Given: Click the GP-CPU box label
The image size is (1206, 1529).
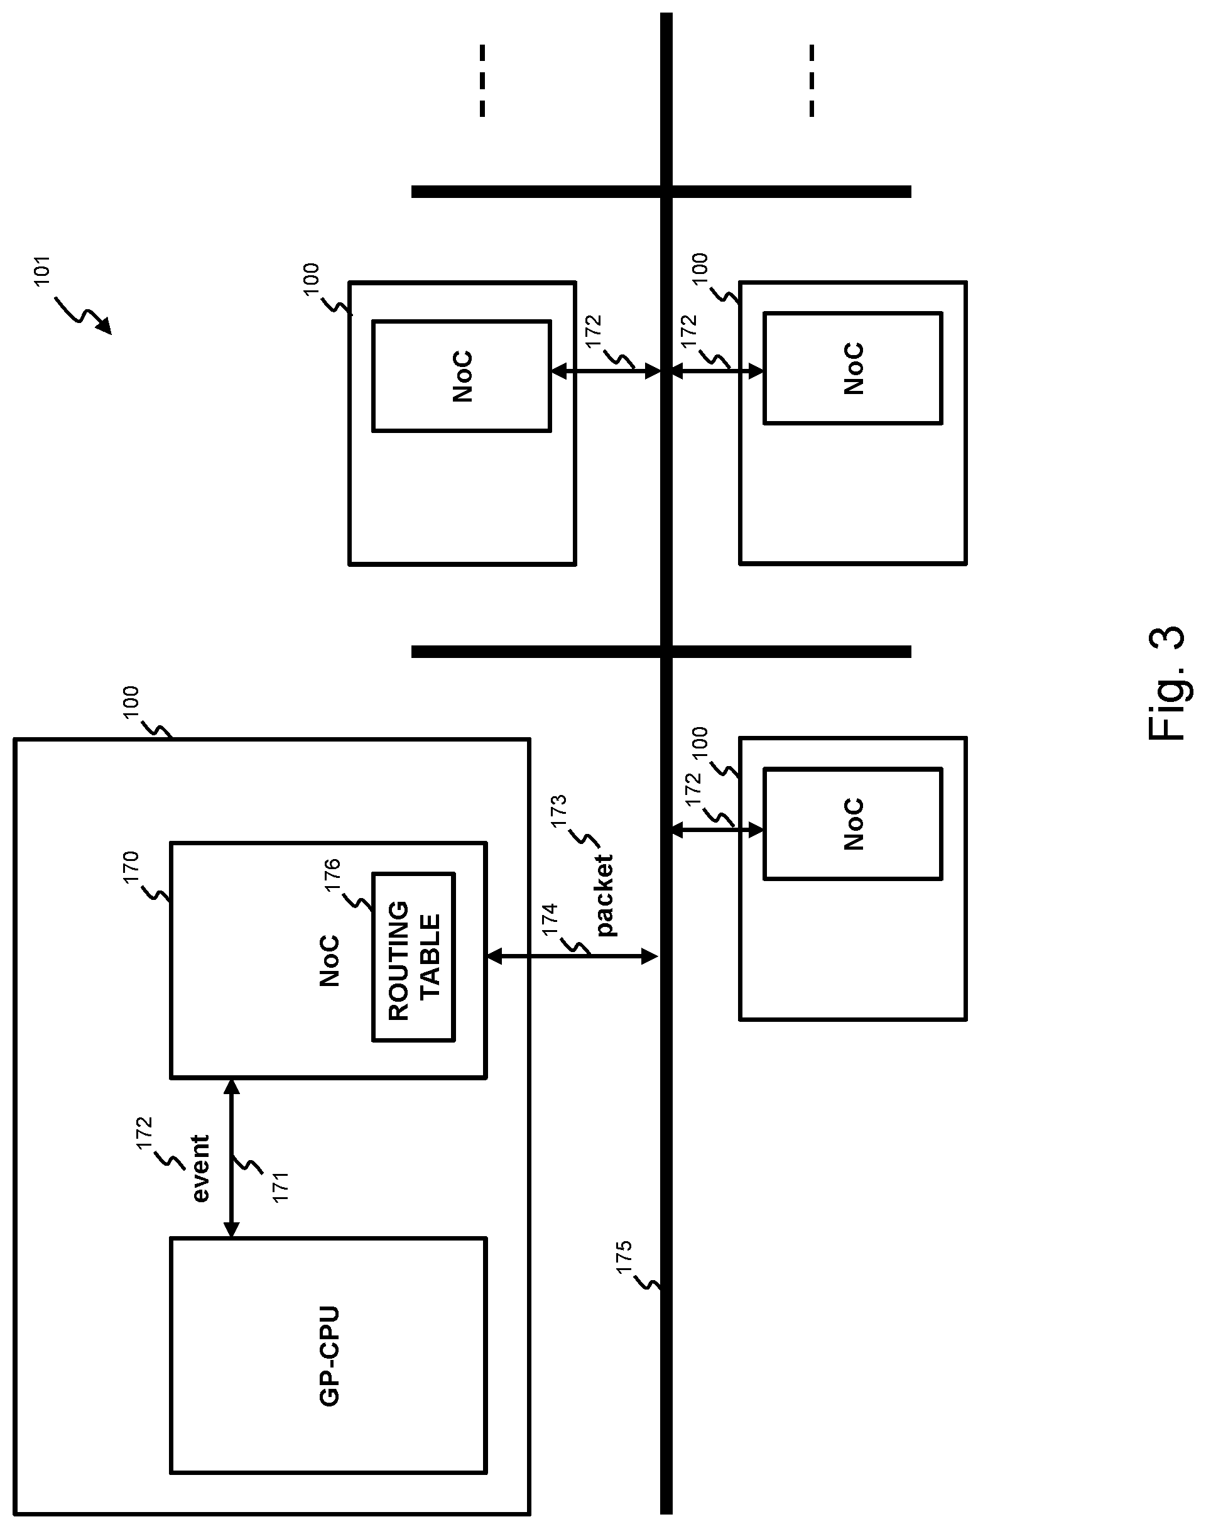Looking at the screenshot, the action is [x=329, y=1356].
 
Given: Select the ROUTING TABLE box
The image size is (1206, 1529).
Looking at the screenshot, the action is [x=414, y=957].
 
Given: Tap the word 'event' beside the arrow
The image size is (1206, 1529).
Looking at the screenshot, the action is [x=201, y=1168].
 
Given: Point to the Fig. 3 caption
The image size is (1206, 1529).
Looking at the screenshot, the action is [x=1166, y=683].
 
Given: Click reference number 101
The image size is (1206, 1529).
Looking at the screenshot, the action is [x=42, y=271].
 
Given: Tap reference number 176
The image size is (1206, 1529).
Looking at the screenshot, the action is [x=332, y=875].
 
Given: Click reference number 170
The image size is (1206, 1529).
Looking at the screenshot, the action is [x=131, y=867].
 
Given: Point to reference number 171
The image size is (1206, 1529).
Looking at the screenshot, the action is [x=280, y=1187].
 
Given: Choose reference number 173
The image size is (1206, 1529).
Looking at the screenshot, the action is [x=558, y=811].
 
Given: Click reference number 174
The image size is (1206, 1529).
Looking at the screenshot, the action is [x=550, y=919].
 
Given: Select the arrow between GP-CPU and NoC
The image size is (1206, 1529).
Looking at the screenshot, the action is [x=232, y=1159].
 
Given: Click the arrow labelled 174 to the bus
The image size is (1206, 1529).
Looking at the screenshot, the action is [x=572, y=957].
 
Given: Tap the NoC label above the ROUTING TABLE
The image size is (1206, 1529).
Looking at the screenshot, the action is [x=330, y=961].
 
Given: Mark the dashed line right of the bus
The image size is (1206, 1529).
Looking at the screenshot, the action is [x=812, y=80].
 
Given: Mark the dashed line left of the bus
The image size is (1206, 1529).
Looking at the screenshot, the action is [x=482, y=80].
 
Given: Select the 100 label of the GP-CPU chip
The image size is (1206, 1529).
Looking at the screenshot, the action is [x=131, y=703].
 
